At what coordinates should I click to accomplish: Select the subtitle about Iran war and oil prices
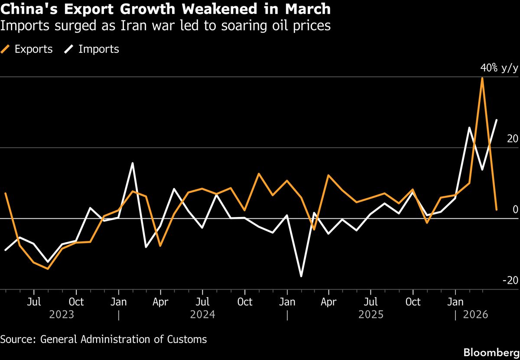point(165,26)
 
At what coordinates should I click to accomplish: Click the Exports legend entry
point(28,49)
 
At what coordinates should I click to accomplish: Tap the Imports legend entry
point(92,49)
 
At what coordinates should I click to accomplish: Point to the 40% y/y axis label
point(499,68)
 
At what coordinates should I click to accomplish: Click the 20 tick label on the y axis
point(512,139)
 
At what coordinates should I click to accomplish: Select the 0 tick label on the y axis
point(515,210)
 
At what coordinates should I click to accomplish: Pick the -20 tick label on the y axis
point(510,281)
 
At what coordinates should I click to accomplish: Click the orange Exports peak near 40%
point(482,78)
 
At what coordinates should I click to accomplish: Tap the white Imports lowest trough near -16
point(301,276)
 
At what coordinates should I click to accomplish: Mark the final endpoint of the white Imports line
point(497,120)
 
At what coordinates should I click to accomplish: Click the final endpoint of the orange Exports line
point(497,210)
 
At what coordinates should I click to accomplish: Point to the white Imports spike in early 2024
point(132,163)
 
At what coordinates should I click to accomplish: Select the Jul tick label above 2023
point(34,302)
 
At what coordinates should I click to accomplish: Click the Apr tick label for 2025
point(329,302)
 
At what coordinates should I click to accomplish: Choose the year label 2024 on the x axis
point(202,314)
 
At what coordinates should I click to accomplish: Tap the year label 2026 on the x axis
point(476,314)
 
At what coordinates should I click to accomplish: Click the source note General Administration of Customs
point(104,339)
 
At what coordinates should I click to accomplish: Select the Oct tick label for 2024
point(245,302)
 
